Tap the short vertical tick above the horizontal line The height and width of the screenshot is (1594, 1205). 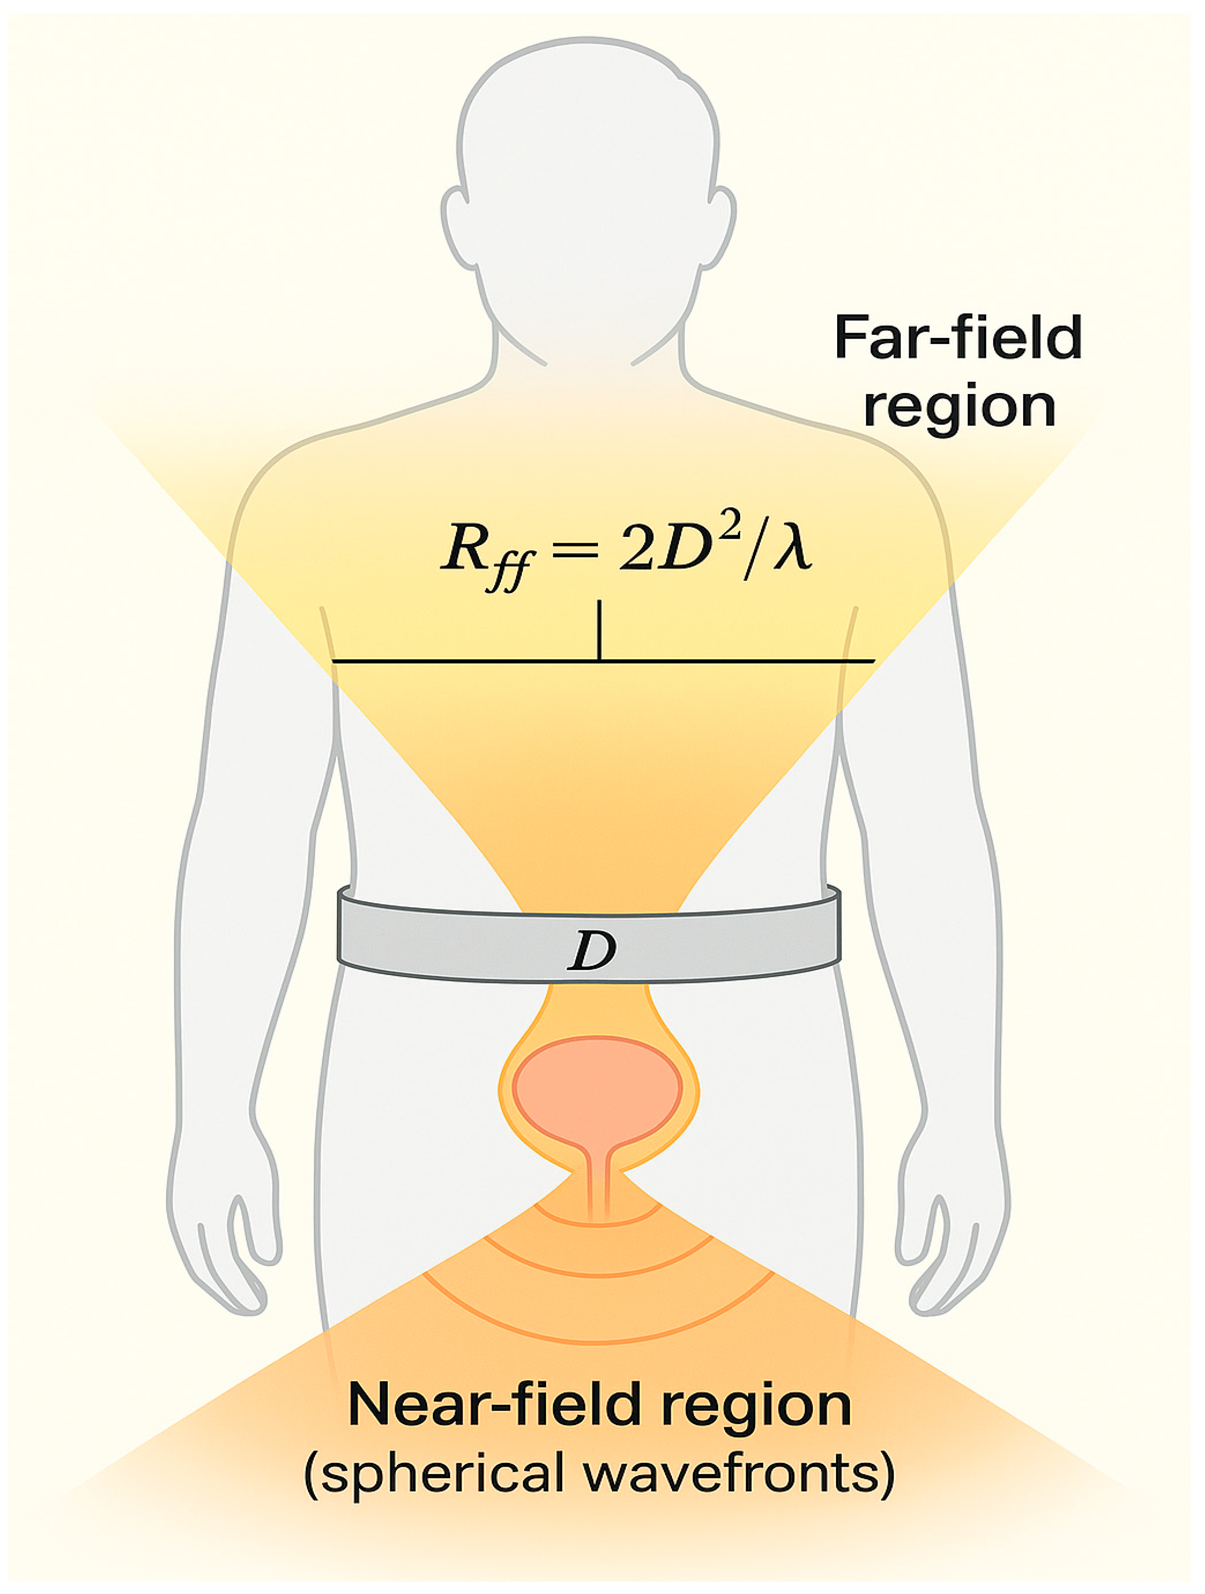[599, 629]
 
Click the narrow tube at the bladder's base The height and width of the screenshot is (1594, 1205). [598, 1182]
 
